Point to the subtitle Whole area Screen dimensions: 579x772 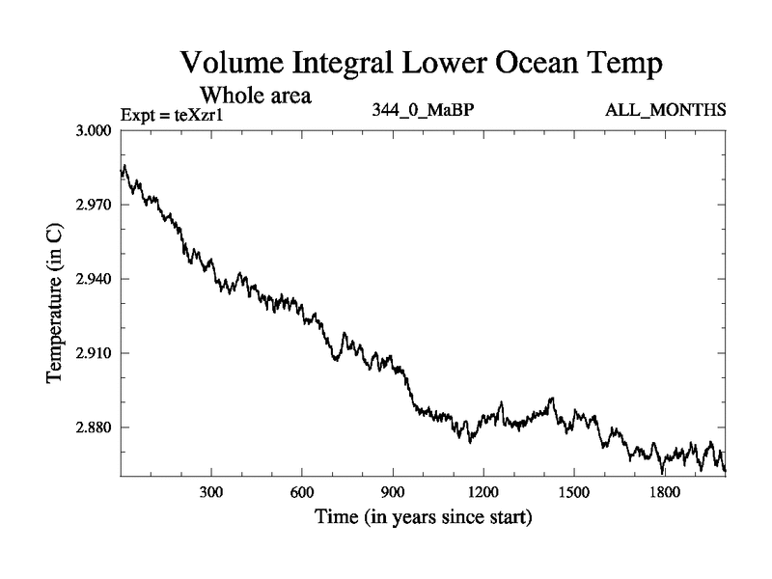point(255,96)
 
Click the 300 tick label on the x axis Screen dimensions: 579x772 point(211,492)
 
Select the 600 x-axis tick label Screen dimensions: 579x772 point(302,492)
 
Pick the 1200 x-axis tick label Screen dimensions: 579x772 point(483,492)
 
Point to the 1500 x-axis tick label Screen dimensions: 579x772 point(574,492)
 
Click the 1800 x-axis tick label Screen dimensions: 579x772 point(665,492)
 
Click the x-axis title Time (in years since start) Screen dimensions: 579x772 point(423,518)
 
